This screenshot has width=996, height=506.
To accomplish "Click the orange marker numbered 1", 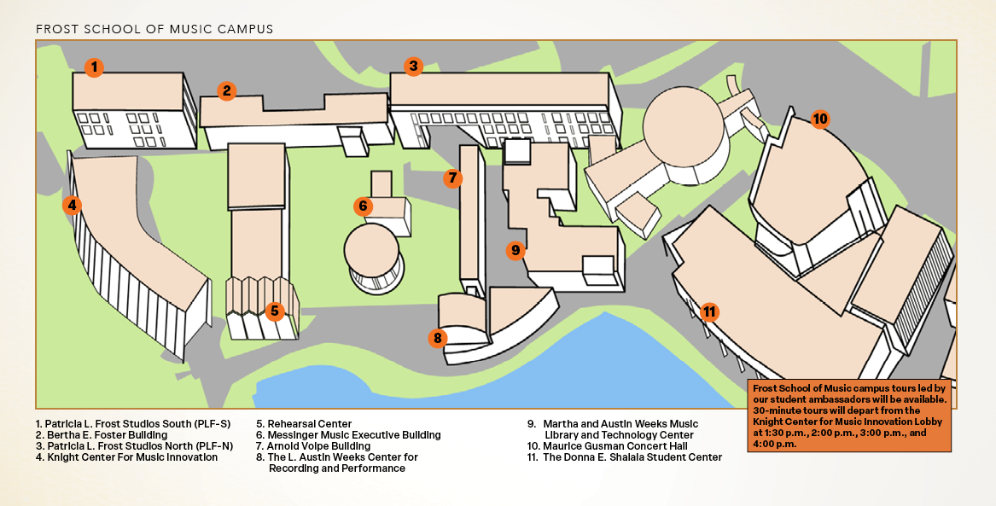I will coord(95,67).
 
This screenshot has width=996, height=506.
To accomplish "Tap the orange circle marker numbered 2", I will coord(226,90).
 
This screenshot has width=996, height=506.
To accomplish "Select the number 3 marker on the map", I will coord(413,66).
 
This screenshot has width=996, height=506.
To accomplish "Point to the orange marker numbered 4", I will coord(73,205).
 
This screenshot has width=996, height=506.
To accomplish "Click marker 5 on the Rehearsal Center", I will coord(274,311).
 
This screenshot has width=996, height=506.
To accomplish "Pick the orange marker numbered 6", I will coord(363,206).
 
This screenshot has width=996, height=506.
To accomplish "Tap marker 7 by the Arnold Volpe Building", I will coord(453,178).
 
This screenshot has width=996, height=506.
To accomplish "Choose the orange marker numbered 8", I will coord(438,338).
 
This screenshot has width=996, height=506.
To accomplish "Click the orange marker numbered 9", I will coord(515,250).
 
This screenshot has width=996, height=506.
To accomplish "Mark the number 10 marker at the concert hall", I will coord(819,119).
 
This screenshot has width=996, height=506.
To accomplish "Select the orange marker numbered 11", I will coord(708,311).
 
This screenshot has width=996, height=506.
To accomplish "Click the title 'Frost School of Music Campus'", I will coord(154,29).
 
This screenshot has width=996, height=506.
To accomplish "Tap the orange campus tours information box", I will coord(850,415).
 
